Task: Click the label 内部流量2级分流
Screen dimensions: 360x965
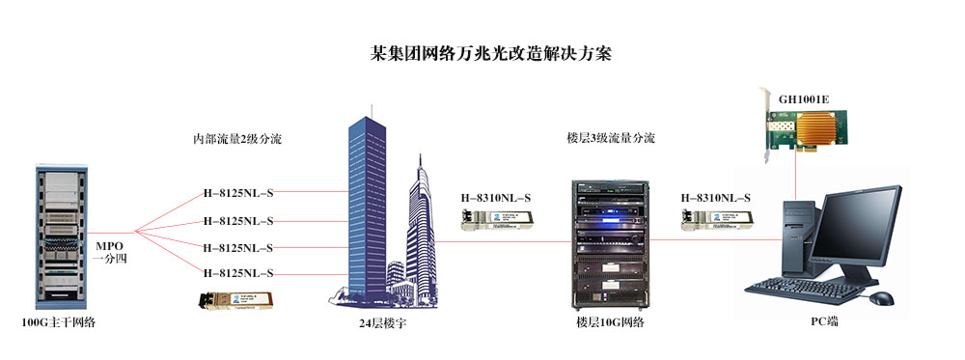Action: [x=237, y=139]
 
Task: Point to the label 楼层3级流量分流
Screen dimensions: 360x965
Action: [x=610, y=139]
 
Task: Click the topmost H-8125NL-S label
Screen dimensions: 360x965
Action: [x=238, y=192]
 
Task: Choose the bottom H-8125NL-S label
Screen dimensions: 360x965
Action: [x=238, y=273]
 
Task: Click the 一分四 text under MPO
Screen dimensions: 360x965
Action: [x=109, y=259]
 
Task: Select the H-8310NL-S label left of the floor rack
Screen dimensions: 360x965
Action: [x=497, y=200]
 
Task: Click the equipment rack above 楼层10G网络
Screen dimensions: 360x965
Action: [x=604, y=240]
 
